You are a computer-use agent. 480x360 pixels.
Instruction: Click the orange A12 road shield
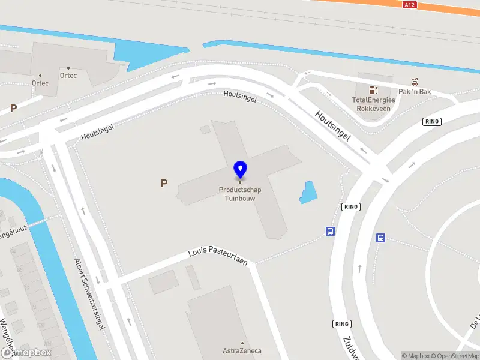[410, 5]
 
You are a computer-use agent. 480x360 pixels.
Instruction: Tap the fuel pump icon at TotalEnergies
[373, 91]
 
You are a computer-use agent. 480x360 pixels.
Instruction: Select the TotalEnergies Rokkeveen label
[373, 104]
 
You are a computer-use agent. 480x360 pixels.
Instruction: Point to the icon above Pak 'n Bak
[415, 81]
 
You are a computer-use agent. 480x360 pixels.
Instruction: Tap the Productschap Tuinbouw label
[239, 194]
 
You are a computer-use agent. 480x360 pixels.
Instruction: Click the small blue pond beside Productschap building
[308, 192]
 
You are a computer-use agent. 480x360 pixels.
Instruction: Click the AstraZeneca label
[242, 351]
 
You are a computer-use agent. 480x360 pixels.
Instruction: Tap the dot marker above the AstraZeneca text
[242, 343]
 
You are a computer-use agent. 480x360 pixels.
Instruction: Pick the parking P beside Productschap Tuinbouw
[164, 184]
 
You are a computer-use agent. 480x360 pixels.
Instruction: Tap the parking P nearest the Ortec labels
[13, 109]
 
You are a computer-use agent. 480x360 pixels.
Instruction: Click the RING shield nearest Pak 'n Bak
[432, 122]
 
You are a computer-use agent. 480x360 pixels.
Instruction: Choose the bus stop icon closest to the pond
[330, 232]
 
